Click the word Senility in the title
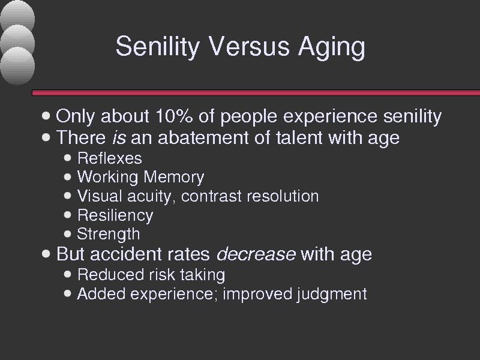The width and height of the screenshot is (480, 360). pos(158,47)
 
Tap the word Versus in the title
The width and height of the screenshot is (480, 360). pos(248,46)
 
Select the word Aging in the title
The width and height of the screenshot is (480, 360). pos(332,47)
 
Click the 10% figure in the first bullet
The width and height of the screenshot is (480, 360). pos(174,116)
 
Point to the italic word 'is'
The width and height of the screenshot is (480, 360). pos(119,137)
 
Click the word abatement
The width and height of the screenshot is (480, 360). pos(203,137)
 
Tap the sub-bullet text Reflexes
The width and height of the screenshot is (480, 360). pos(110,158)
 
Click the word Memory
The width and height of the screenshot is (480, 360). pos(173,178)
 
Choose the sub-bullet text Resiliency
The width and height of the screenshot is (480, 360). pos(115,215)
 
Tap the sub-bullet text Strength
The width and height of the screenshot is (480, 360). pos(109,234)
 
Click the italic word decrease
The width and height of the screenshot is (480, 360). pos(256,254)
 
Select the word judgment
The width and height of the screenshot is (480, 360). pos(332,294)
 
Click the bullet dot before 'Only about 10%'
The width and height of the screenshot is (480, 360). pos(46,116)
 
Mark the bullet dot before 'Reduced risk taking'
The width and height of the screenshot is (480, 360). pos(68,274)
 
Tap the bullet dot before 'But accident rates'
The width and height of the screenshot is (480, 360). pos(46,254)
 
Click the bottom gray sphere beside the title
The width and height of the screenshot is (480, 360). pos(17,65)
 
